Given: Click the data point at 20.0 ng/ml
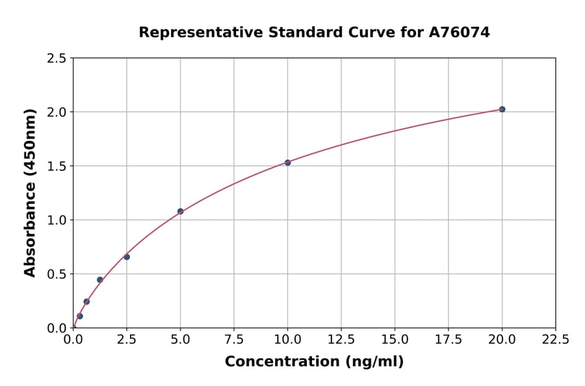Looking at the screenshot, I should [x=502, y=109].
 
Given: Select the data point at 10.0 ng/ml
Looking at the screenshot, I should [x=287, y=162].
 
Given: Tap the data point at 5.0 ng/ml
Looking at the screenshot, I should [x=180, y=211].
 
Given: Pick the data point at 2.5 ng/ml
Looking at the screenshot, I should [x=127, y=257].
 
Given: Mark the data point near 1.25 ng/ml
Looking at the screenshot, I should [x=100, y=279].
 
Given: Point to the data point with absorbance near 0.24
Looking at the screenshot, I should [x=86, y=302].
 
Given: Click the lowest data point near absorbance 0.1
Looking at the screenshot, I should [x=80, y=316].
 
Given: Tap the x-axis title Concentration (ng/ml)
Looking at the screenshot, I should [x=314, y=361].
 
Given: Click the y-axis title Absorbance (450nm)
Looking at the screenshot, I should [x=30, y=193].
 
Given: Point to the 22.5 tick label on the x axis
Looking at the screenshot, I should [x=555, y=340].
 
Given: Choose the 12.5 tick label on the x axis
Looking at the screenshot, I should [x=341, y=340].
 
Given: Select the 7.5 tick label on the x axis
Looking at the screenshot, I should [x=234, y=340].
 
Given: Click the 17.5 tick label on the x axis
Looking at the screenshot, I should [x=448, y=340].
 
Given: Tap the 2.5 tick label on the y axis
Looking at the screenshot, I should [x=57, y=58].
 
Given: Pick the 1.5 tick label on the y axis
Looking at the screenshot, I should [x=57, y=166].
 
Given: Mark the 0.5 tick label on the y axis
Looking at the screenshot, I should [x=57, y=274].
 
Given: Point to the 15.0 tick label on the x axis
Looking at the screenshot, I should [x=395, y=340].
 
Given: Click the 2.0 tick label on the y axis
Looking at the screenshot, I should [x=57, y=112].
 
